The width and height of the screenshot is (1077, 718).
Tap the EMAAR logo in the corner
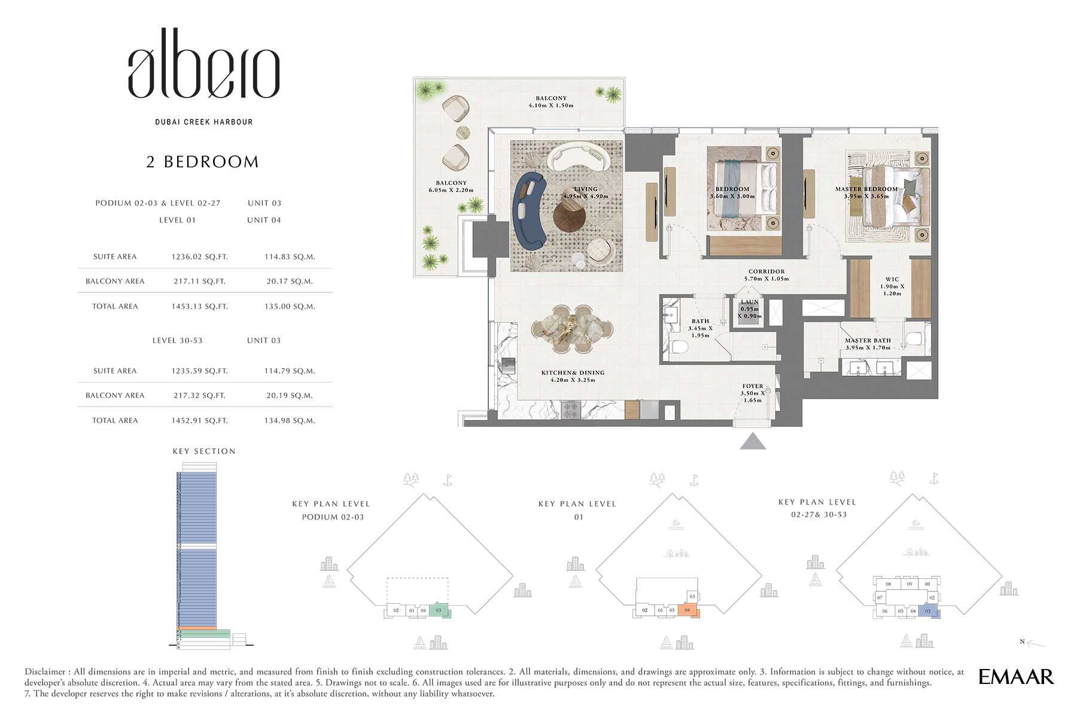click(1016, 677)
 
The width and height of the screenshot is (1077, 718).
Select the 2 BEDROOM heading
click(203, 162)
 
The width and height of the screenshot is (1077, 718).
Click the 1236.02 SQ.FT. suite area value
click(199, 257)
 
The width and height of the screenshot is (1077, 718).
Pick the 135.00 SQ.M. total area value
click(290, 307)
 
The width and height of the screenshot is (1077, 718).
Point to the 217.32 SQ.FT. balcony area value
click(199, 396)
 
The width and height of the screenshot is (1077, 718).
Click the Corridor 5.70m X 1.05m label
click(766, 275)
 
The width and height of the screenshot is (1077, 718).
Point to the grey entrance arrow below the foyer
click(753, 442)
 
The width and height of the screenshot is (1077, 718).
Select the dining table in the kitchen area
click(573, 328)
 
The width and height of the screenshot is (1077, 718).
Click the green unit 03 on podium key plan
click(439, 610)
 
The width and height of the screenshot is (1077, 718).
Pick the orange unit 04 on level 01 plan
click(687, 610)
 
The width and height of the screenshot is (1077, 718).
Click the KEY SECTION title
click(204, 451)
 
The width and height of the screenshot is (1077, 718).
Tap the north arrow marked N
click(1033, 643)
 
